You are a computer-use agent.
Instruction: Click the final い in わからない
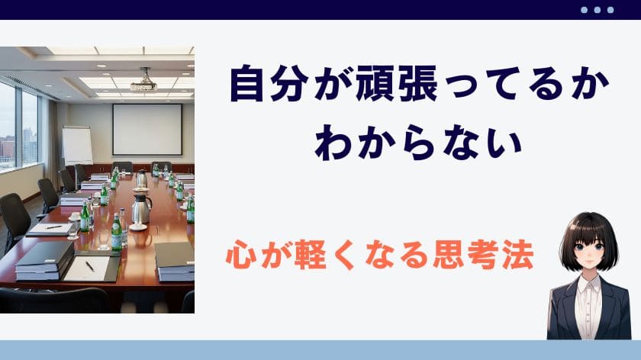point(504,143)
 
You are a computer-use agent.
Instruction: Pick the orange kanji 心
point(242,255)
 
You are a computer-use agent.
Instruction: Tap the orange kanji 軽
point(311,255)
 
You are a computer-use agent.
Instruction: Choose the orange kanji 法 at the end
point(518,255)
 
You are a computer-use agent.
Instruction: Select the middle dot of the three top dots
point(598,10)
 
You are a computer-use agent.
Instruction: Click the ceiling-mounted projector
point(144,82)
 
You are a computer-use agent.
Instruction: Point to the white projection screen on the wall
point(147,130)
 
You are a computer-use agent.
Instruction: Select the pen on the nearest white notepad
point(90,266)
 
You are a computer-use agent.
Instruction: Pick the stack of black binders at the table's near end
point(44,262)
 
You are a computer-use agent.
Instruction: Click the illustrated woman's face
point(588,250)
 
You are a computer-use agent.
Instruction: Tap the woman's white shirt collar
point(588,284)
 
